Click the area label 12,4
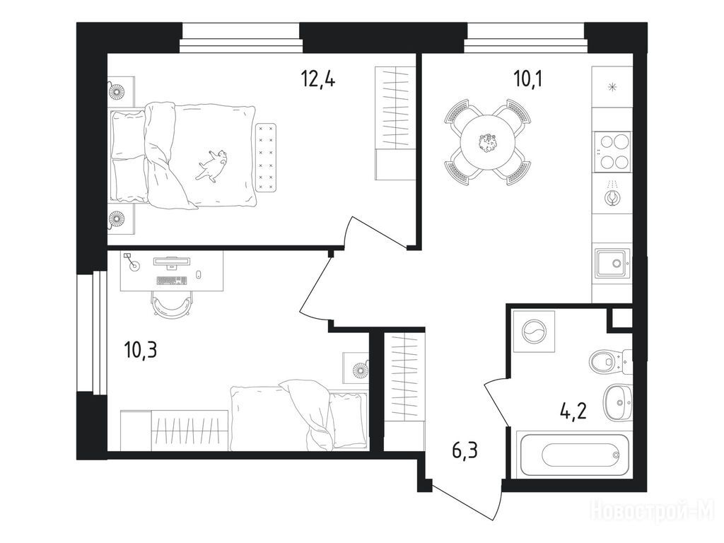[317, 79]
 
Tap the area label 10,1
[527, 79]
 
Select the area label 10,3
[141, 350]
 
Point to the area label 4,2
[573, 410]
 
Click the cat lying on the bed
[212, 165]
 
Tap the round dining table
[488, 142]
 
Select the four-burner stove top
[612, 151]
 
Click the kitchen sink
[612, 263]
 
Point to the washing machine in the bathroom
[535, 332]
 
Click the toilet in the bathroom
[609, 361]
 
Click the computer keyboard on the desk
[172, 280]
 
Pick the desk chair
[171, 305]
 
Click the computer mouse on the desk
[199, 275]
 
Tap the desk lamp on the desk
[131, 261]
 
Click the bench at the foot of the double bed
[266, 158]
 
